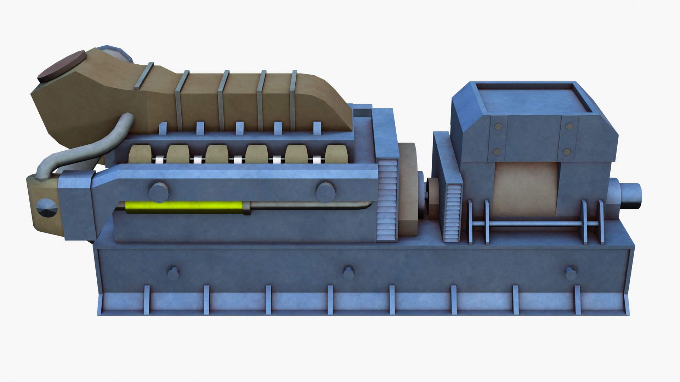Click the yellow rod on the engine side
pyautogui.click(x=184, y=207)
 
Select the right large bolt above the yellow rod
pyautogui.click(x=325, y=192)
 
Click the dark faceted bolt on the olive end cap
pyautogui.click(x=46, y=208)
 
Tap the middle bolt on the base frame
pyautogui.click(x=348, y=273)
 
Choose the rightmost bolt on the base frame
pyautogui.click(x=571, y=273)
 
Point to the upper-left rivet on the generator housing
pyautogui.click(x=498, y=126)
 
